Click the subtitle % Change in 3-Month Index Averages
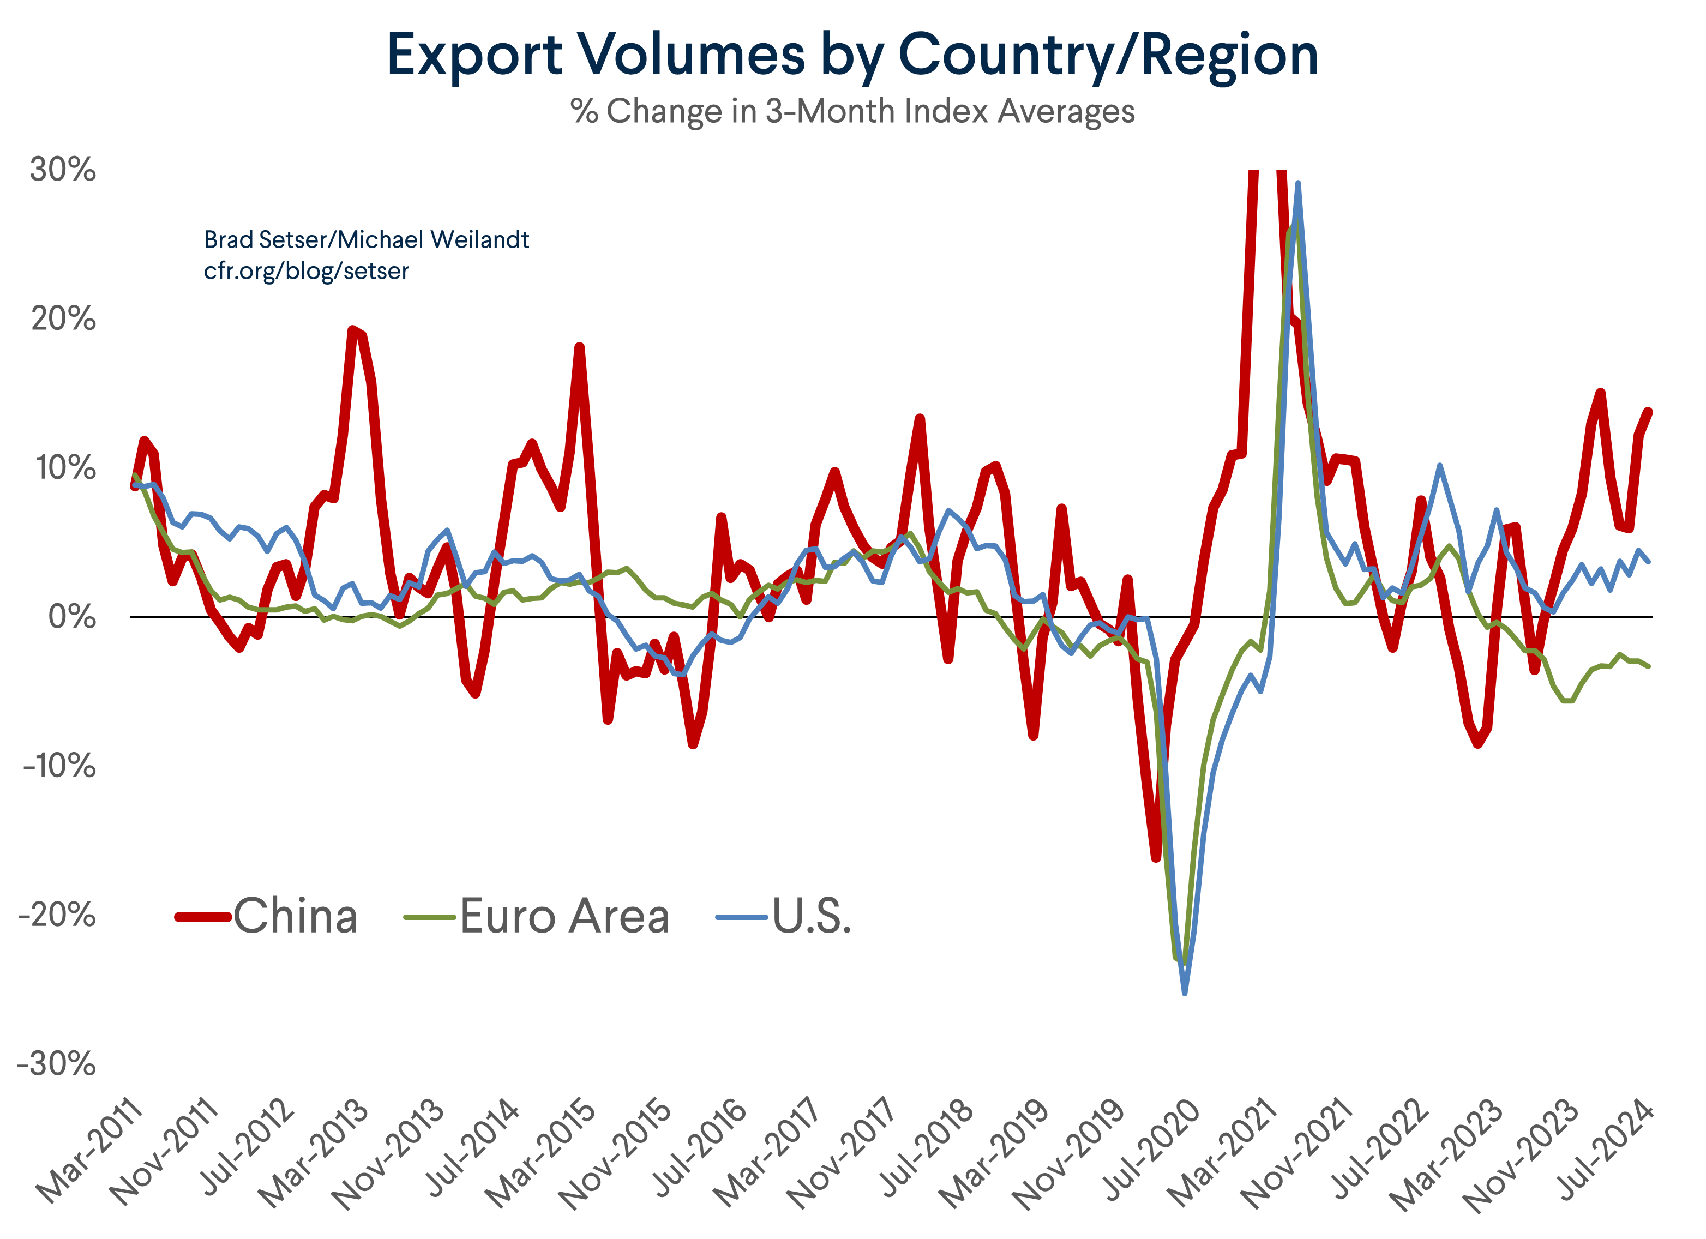[x=852, y=111]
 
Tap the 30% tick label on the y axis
[x=63, y=170]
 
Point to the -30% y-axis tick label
[x=57, y=1064]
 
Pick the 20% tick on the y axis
[x=63, y=319]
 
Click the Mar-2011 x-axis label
[x=91, y=1151]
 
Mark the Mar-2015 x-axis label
[x=542, y=1151]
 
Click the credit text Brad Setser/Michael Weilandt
[x=367, y=240]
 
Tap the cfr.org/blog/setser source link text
[x=306, y=271]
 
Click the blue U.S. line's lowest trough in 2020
[x=1185, y=993]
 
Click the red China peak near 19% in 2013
[x=352, y=329]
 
